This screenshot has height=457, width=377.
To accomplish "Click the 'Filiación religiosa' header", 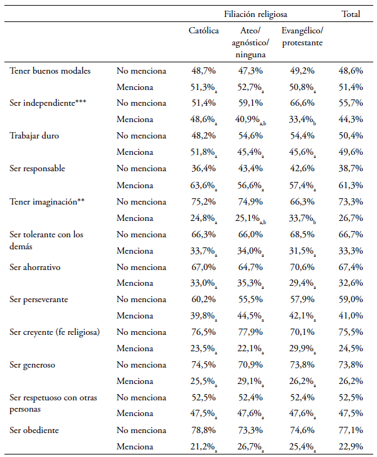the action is click(256, 14).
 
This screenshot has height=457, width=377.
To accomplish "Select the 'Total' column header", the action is click(351, 14).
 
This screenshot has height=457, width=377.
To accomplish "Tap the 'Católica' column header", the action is click(204, 30).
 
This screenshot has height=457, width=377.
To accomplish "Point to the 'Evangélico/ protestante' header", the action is click(302, 37).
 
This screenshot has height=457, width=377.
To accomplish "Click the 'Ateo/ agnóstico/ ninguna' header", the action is click(250, 43).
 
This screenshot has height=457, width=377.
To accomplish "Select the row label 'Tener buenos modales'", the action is click(50, 71).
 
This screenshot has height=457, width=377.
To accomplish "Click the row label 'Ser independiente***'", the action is click(48, 103).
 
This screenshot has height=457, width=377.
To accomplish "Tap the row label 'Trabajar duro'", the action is click(34, 135).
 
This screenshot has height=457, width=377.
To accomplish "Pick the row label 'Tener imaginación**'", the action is click(47, 201).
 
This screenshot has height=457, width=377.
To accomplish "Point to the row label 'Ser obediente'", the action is click(34, 430).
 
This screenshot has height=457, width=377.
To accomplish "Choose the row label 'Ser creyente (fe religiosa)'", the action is click(55, 332).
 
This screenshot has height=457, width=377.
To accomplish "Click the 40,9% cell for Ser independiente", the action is click(250, 120).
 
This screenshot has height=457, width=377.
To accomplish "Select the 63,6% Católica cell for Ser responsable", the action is click(204, 186).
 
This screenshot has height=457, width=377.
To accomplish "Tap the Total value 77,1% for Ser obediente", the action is click(351, 430).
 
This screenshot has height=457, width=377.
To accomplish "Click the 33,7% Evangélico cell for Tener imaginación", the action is click(302, 218).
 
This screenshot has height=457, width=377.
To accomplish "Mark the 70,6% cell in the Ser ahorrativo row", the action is click(302, 268).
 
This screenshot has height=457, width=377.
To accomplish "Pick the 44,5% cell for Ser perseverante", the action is click(250, 316).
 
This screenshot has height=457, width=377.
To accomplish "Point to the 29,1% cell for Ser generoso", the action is click(250, 381).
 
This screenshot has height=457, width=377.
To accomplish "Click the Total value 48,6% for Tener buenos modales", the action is click(351, 71).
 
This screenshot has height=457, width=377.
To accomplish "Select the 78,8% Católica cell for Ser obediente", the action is click(204, 430).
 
